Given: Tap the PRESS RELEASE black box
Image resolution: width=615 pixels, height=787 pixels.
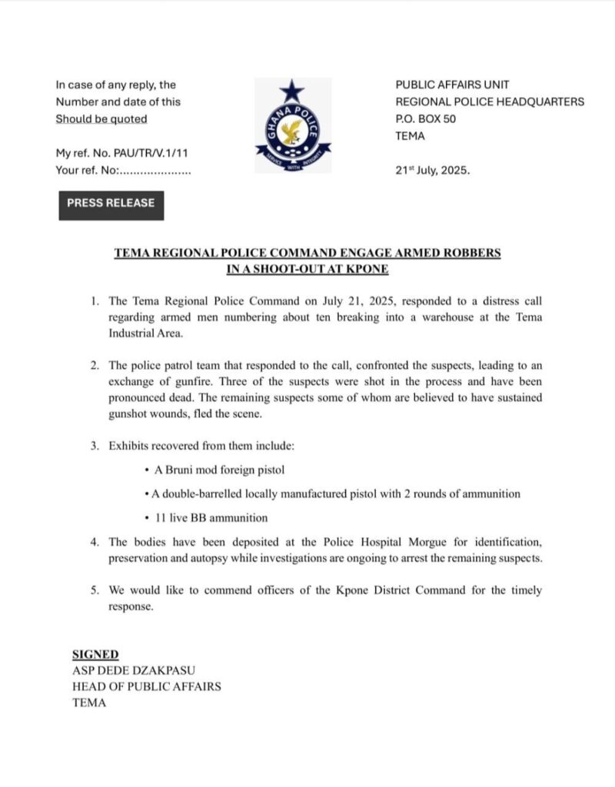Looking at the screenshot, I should (x=111, y=204).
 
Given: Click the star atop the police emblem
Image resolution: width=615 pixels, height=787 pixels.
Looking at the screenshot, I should (x=292, y=91).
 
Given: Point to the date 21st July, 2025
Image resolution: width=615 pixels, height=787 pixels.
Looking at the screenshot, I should (x=432, y=171).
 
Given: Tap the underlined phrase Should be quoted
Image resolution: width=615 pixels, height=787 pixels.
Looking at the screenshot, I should (x=101, y=119).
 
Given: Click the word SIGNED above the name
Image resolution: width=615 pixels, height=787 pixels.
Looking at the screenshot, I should (x=95, y=655).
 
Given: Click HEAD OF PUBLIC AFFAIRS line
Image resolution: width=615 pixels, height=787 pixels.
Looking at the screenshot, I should (x=146, y=686).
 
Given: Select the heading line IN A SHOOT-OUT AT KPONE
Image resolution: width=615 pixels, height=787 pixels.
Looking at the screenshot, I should (x=307, y=269).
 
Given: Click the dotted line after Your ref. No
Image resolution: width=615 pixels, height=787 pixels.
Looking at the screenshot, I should (x=155, y=171).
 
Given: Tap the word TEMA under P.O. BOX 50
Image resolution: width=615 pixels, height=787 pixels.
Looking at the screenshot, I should (x=410, y=137).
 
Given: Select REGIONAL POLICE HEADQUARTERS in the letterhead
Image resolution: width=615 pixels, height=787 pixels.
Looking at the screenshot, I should (x=490, y=101).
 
